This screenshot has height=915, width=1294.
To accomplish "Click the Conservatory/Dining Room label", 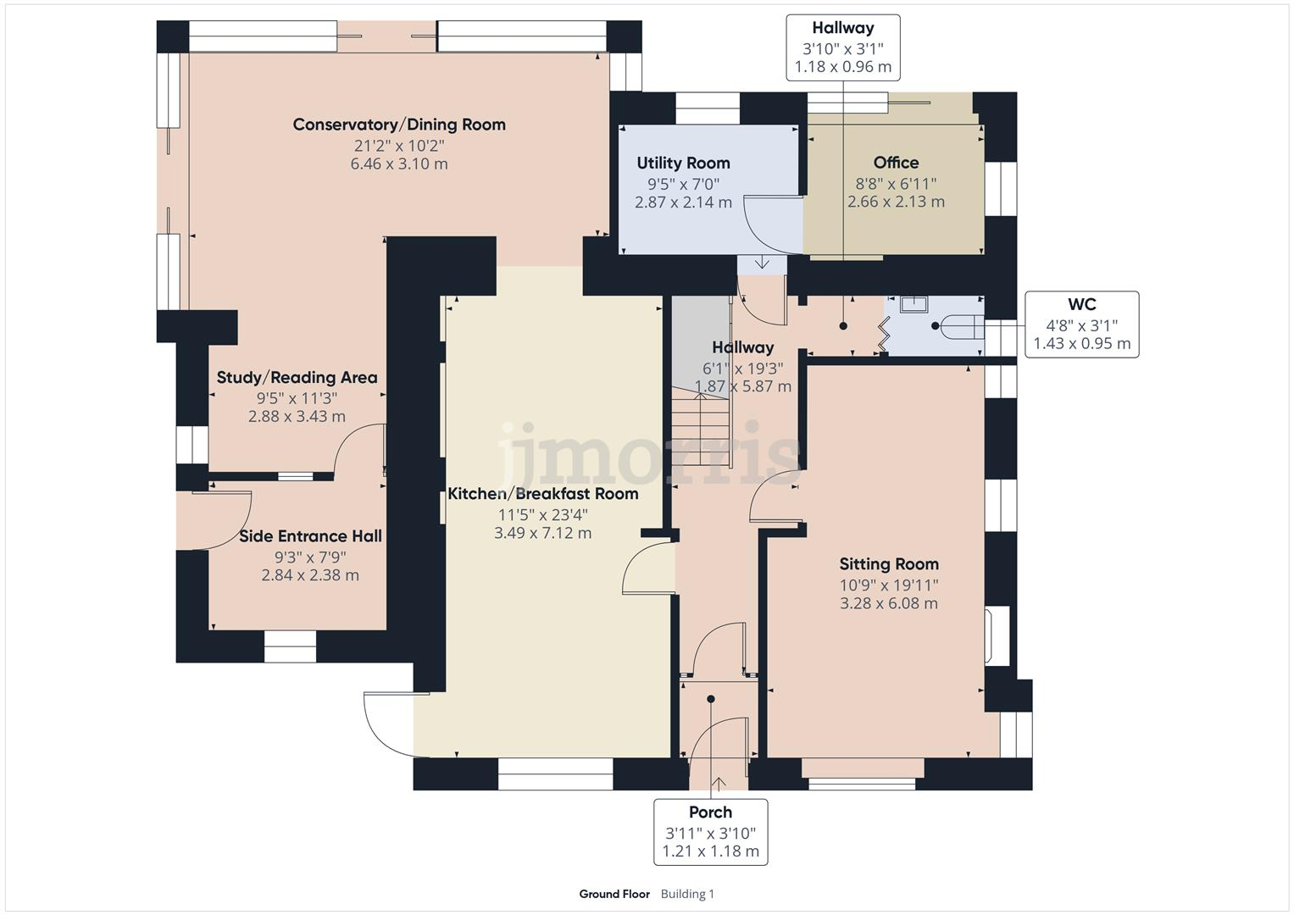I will (x=399, y=125).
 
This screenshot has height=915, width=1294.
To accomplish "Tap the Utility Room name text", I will (x=683, y=163).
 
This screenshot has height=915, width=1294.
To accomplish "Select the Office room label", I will (x=896, y=162).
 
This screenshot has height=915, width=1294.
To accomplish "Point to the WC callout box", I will (x=1081, y=324).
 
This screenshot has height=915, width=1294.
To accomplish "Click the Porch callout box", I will (x=710, y=831).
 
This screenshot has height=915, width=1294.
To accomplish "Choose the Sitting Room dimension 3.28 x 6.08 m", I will (x=888, y=603).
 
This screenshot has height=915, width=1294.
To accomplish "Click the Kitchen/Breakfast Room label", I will (x=542, y=494).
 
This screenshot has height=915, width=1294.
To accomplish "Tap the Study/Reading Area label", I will (x=297, y=378).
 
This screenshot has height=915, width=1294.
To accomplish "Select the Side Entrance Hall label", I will (x=310, y=536).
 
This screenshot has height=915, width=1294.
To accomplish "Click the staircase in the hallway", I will (x=702, y=424).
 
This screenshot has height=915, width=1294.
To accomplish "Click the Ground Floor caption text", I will (x=614, y=894).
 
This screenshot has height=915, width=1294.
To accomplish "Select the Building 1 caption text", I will (x=687, y=894).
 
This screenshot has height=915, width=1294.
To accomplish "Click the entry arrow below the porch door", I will (x=719, y=783).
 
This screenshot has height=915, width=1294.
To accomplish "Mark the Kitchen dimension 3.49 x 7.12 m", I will (x=542, y=533).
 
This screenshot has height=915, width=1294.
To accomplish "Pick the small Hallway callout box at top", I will (x=842, y=47).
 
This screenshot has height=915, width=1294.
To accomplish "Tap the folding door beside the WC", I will (x=882, y=334).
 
